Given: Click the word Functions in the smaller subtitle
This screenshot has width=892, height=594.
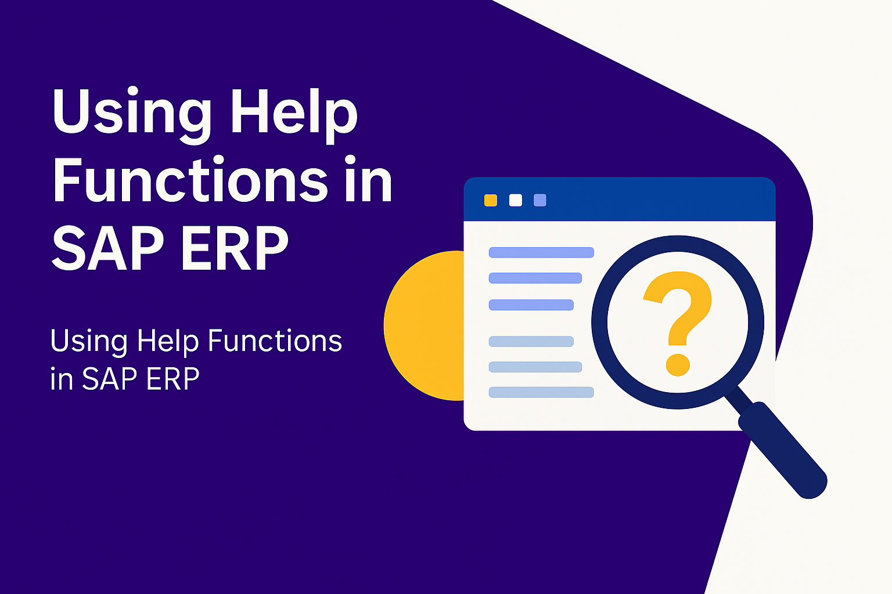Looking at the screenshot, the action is [x=275, y=341].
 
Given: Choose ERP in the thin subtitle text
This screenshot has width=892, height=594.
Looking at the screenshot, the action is [x=173, y=379].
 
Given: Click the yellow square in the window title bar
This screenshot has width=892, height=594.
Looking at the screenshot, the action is [x=491, y=200].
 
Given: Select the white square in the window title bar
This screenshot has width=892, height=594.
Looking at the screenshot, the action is [x=516, y=200].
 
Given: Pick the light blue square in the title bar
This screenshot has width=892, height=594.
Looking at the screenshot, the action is [x=540, y=200].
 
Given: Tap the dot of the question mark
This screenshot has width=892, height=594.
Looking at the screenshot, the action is [x=678, y=364].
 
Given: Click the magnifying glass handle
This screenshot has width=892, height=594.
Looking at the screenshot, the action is [x=782, y=450].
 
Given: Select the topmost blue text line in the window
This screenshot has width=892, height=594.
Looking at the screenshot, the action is [x=541, y=253].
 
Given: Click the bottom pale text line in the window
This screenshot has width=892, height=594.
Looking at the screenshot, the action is [x=541, y=392].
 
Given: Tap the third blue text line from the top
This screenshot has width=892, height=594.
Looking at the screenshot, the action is [x=531, y=305].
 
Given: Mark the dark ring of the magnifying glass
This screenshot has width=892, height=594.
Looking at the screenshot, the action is [x=599, y=323].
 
